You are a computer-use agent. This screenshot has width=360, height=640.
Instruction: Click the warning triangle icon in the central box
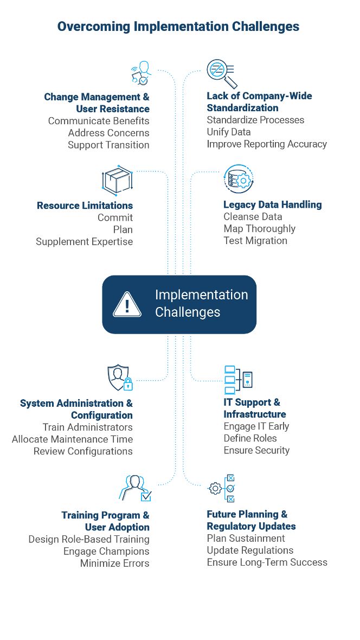pyautogui.click(x=127, y=304)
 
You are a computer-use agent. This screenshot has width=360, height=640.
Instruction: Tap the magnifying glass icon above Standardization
pyautogui.click(x=221, y=74)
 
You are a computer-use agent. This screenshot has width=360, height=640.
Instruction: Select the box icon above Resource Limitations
pyautogui.click(x=117, y=180)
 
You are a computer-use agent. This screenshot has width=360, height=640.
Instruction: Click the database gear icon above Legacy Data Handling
pyautogui.click(x=239, y=180)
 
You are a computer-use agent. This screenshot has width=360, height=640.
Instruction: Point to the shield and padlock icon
pyautogui.click(x=120, y=378)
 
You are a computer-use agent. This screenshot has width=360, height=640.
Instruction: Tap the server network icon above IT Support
pyautogui.click(x=238, y=379)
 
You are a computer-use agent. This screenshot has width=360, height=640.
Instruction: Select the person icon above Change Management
pyautogui.click(x=141, y=73)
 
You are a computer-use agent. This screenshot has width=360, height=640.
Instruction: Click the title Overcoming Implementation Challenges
pyautogui.click(x=178, y=26)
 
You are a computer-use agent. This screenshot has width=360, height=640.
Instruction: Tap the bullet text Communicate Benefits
pyautogui.click(x=98, y=121)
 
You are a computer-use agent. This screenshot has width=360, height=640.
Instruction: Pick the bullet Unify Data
pyautogui.click(x=228, y=132)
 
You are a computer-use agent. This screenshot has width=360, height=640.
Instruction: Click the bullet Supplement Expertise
pyautogui.click(x=84, y=241)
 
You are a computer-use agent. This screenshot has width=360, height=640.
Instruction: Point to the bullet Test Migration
pyautogui.click(x=255, y=240)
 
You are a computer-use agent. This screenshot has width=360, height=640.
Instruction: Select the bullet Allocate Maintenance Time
pyautogui.click(x=72, y=439)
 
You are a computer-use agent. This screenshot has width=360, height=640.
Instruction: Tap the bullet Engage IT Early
pyautogui.click(x=256, y=426)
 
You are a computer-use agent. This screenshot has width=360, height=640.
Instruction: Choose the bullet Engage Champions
pyautogui.click(x=106, y=551)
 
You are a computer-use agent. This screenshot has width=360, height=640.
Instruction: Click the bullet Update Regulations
pyautogui.click(x=250, y=550)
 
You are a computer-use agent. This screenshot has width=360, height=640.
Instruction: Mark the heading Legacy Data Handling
pyautogui.click(x=273, y=204)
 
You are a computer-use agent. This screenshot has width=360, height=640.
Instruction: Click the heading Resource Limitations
pyautogui.click(x=85, y=206)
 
